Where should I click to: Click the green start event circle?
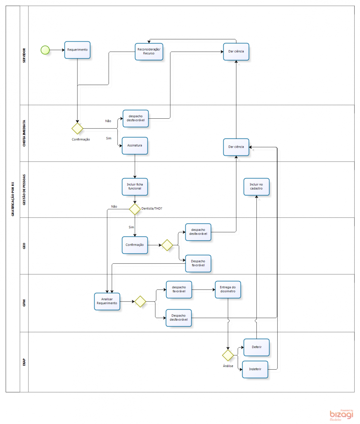click(x=45, y=50)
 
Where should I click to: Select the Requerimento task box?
click(x=77, y=50)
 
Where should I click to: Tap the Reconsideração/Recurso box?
click(x=149, y=51)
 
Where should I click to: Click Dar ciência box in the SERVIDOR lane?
click(x=236, y=51)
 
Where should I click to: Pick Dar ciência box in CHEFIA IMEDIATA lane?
click(x=236, y=147)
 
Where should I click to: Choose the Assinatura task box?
click(x=135, y=146)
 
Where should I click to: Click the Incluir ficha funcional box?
click(x=135, y=187)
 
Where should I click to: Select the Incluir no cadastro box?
click(x=256, y=187)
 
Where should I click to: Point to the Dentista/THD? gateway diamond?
click(x=135, y=209)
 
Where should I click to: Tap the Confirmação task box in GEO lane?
click(x=135, y=245)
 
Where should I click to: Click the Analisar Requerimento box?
click(x=107, y=301)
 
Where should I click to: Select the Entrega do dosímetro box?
click(x=228, y=289)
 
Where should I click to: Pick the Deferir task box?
click(x=256, y=347)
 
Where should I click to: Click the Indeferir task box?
click(x=255, y=369)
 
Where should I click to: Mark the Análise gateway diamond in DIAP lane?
click(x=228, y=355)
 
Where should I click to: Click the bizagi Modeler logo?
click(x=341, y=414)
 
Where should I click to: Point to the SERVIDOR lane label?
click(x=24, y=56)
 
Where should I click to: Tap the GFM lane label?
click(x=24, y=303)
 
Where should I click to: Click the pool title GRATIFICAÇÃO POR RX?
click(x=12, y=199)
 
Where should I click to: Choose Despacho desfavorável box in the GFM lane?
click(x=179, y=318)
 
